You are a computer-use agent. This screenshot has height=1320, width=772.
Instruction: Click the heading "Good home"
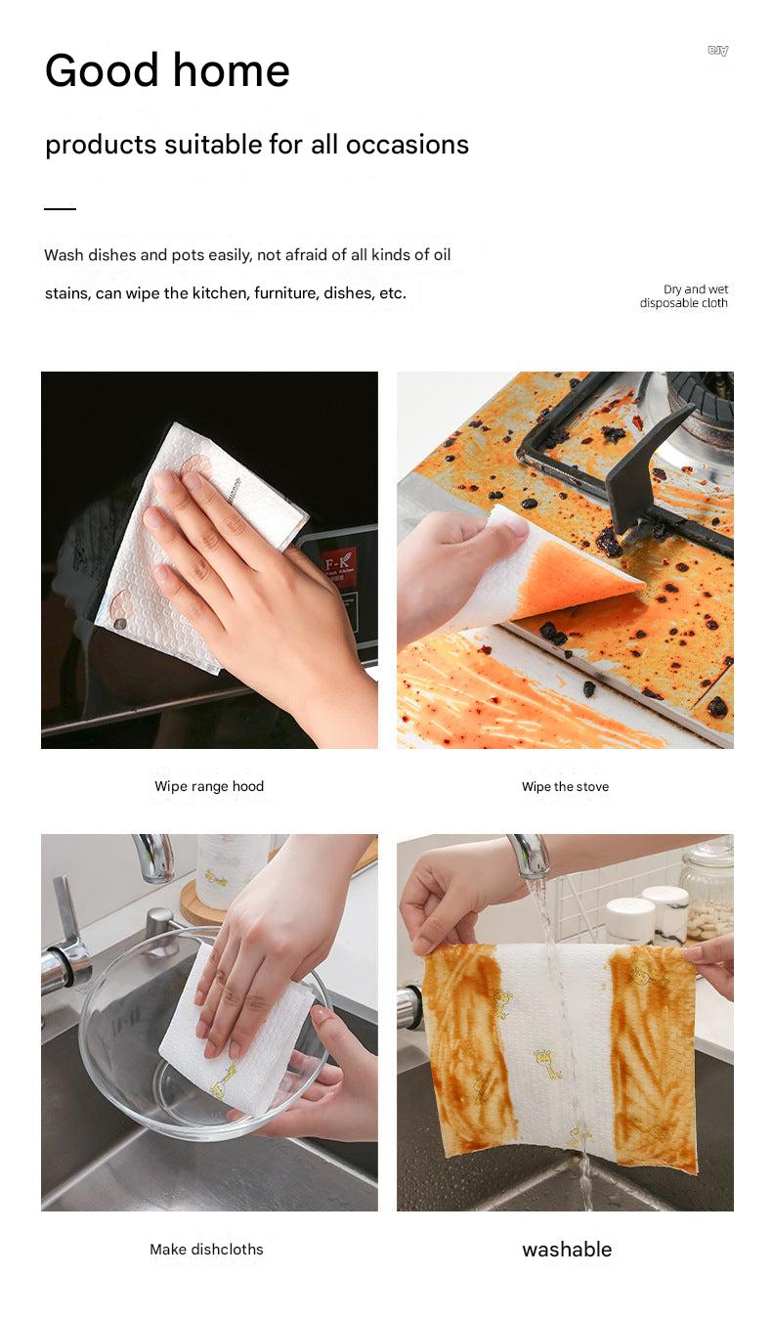click(x=167, y=70)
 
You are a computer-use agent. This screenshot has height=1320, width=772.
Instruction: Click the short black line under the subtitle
click(x=60, y=209)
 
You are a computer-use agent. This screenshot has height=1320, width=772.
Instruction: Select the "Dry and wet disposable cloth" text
click(x=684, y=296)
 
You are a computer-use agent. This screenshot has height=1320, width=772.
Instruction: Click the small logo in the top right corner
click(x=718, y=51)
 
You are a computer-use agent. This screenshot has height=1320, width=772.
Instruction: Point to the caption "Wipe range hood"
click(x=209, y=786)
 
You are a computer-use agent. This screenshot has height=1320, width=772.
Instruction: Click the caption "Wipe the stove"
click(x=565, y=786)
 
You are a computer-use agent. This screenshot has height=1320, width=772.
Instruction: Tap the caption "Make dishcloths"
click(x=206, y=1249)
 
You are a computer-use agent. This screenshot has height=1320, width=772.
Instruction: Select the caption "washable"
click(x=567, y=1249)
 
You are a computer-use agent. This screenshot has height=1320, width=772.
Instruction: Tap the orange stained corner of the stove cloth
click(x=577, y=577)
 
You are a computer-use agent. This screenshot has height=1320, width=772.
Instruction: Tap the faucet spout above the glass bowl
click(x=156, y=858)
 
